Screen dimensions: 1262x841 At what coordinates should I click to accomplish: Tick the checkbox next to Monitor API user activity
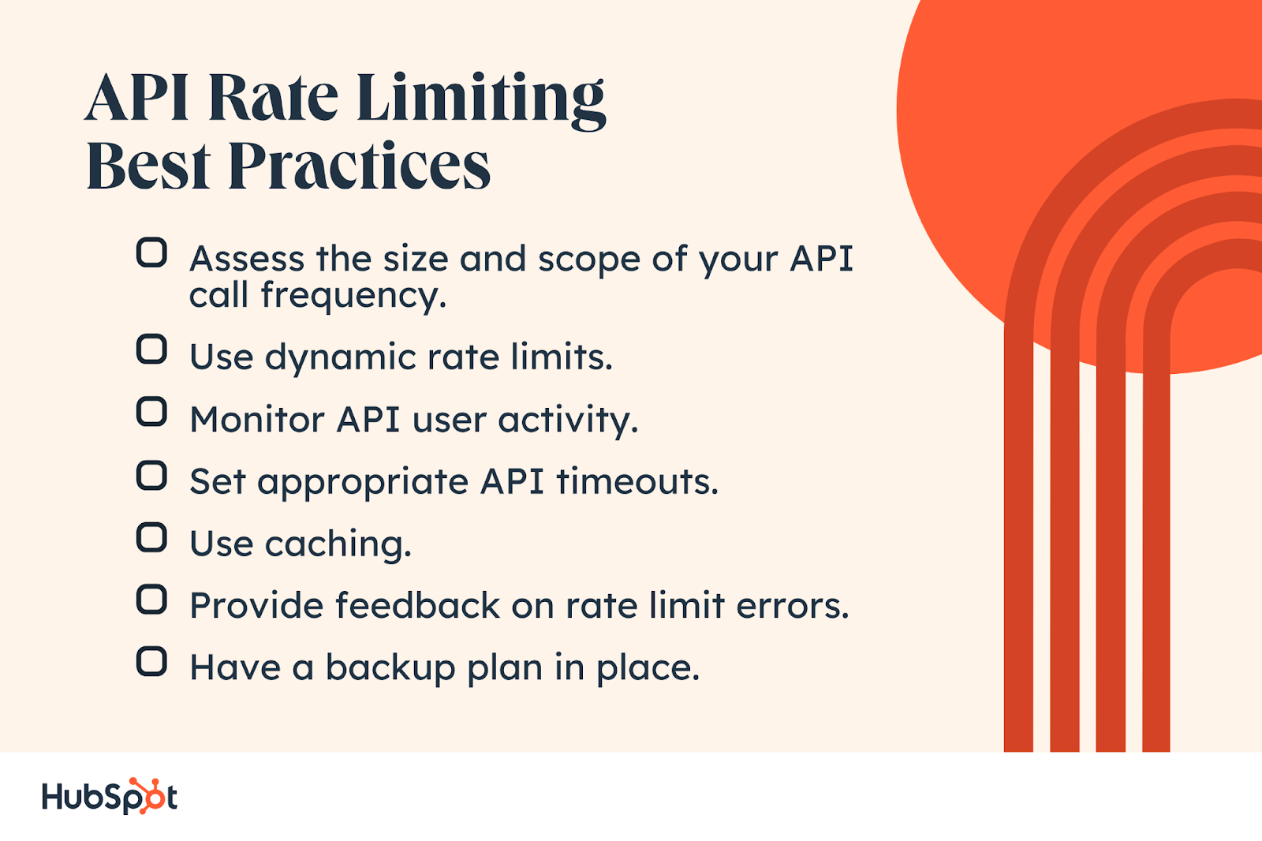(x=151, y=412)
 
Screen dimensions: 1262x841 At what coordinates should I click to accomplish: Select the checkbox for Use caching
(x=151, y=536)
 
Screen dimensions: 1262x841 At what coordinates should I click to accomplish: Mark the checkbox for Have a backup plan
(x=151, y=661)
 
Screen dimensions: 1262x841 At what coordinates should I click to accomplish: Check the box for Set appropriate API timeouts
(x=151, y=475)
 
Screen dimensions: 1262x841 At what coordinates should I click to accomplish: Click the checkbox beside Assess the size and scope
(x=151, y=252)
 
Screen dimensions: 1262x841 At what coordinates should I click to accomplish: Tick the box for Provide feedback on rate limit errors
(x=151, y=599)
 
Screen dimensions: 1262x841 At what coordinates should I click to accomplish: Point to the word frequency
(x=353, y=295)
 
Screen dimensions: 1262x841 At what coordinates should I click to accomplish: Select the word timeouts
(x=637, y=482)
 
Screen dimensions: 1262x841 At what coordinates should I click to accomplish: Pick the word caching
(x=338, y=544)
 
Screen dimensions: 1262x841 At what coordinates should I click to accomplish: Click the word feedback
(x=418, y=605)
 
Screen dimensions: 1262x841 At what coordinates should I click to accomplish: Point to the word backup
(x=390, y=668)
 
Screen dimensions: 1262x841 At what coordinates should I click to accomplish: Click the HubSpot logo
(x=110, y=796)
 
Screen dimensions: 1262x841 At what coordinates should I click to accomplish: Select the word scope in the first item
(x=588, y=260)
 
